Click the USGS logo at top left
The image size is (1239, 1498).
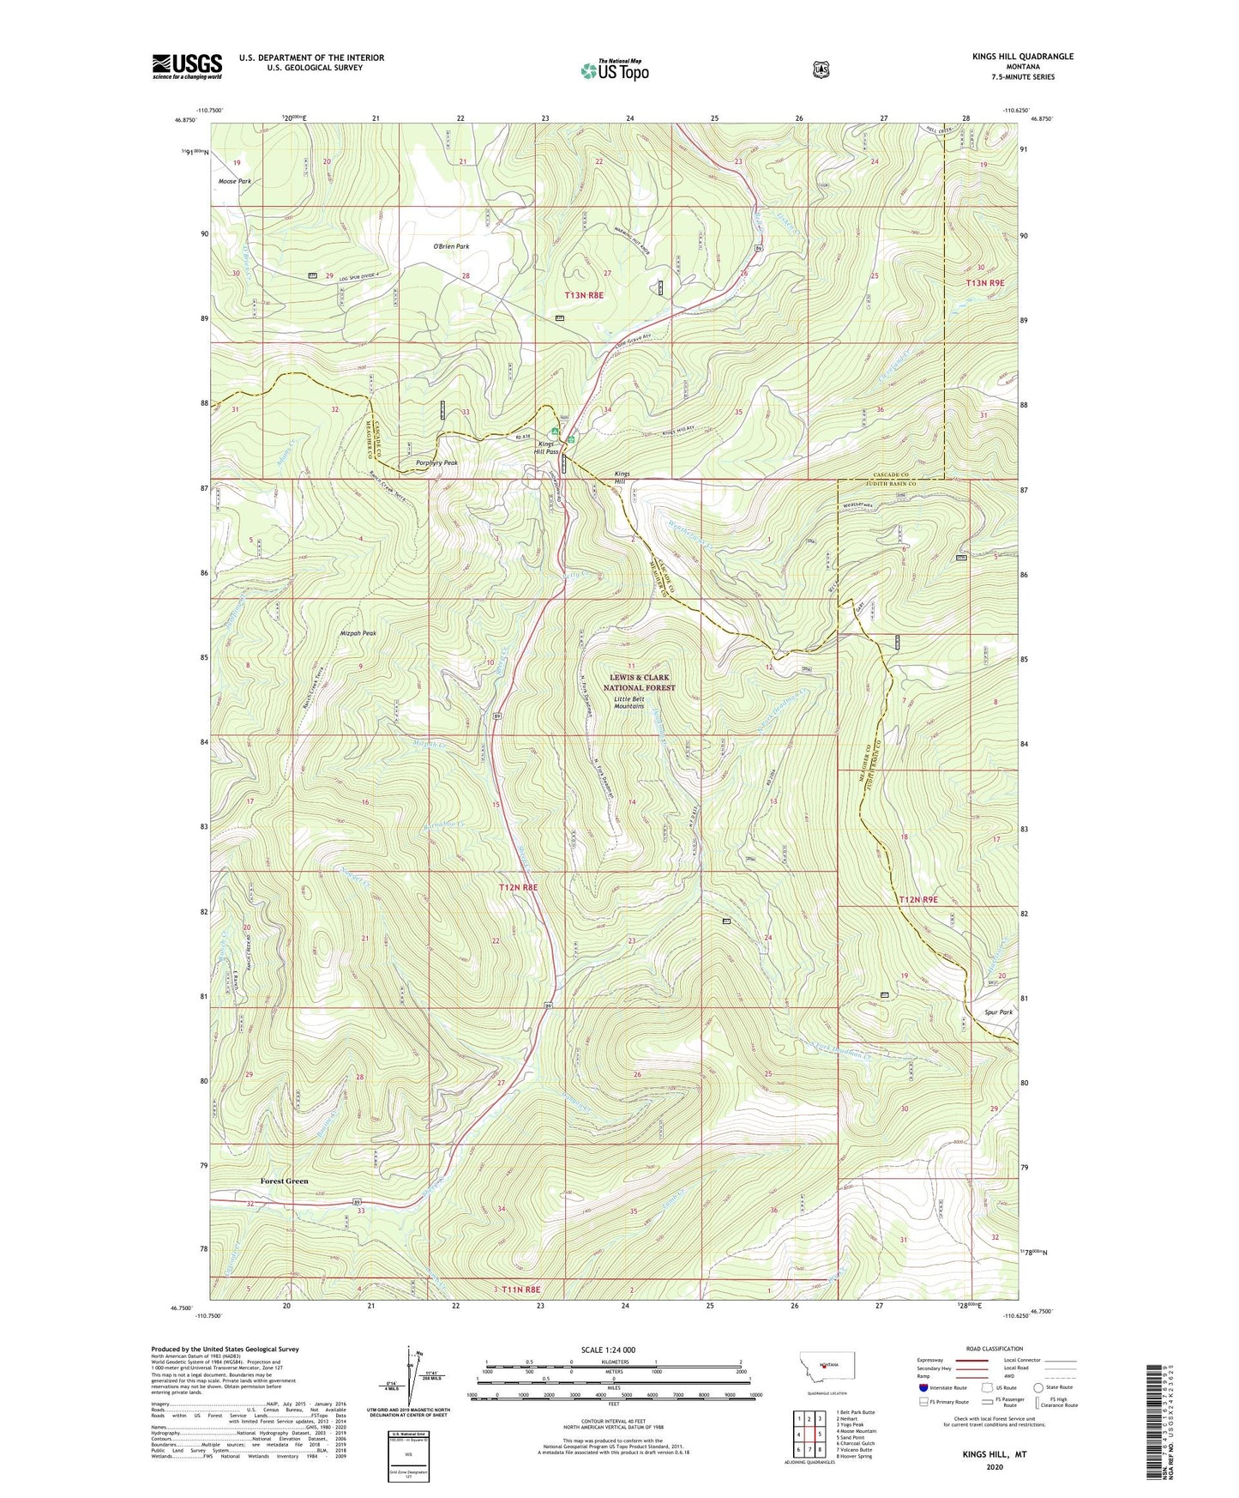[x=187, y=66]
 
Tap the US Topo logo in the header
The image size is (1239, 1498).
[x=614, y=70]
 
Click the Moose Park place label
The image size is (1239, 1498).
[x=235, y=182]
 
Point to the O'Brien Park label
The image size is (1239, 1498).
[x=450, y=246]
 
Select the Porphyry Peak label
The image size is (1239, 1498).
[x=436, y=462]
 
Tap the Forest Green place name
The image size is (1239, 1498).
[x=284, y=1181]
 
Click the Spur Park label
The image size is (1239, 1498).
[x=994, y=1012]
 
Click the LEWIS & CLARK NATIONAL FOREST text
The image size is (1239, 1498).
[x=639, y=683]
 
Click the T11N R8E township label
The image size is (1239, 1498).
[x=521, y=1290]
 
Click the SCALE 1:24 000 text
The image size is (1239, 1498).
[x=607, y=1350]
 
